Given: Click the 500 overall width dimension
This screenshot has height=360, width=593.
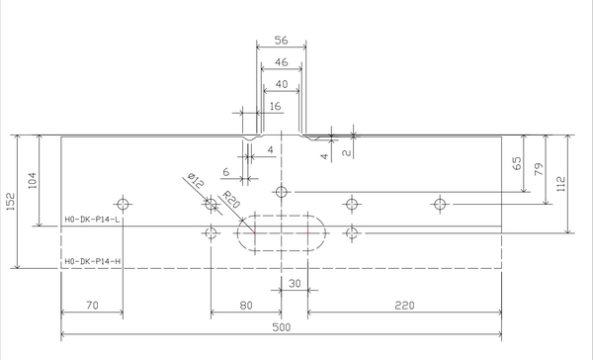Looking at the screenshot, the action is coord(282,327).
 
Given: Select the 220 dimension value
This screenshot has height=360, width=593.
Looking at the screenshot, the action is coord(404,306).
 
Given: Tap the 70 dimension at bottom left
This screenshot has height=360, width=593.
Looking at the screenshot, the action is coord(92,306).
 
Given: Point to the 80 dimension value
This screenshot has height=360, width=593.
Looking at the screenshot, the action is coord(246,306).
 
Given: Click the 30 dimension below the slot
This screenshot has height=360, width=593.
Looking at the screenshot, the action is coord(295,284).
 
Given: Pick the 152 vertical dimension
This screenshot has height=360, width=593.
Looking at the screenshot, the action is coord(11,202).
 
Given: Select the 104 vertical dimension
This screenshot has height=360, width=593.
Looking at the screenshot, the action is coord(33,181).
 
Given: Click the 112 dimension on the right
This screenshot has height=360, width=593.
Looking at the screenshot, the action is coord(561,184).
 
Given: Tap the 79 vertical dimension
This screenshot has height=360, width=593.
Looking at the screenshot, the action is coord(539,169).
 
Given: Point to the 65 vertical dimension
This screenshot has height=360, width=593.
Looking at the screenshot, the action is coord(517,163).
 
